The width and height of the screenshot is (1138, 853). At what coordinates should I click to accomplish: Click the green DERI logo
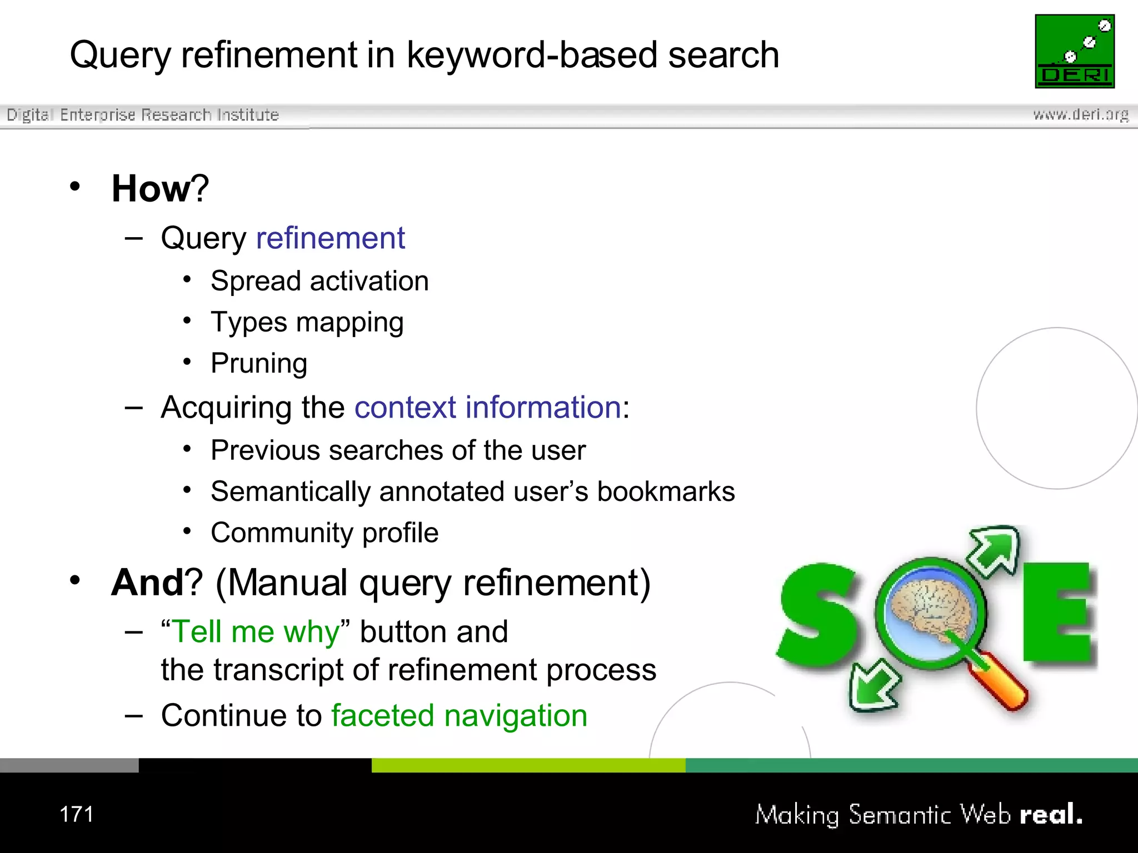1075,51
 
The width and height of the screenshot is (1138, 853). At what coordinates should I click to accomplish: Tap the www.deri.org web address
1080,114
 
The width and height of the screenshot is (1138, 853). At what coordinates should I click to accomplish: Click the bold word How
151,189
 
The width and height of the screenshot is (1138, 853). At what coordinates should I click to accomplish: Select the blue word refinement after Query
330,238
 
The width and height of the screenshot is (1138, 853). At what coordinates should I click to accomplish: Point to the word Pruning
259,364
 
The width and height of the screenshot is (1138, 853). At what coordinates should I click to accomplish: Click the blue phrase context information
487,407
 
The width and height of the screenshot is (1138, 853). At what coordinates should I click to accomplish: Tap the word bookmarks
666,491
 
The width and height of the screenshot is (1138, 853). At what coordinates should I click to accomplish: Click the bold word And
147,583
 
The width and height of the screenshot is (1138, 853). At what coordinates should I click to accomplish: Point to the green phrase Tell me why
256,632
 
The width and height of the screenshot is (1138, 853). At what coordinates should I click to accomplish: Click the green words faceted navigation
459,715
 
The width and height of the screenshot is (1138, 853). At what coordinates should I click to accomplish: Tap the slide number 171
77,815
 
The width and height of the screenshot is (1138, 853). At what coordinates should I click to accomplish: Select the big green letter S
818,616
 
